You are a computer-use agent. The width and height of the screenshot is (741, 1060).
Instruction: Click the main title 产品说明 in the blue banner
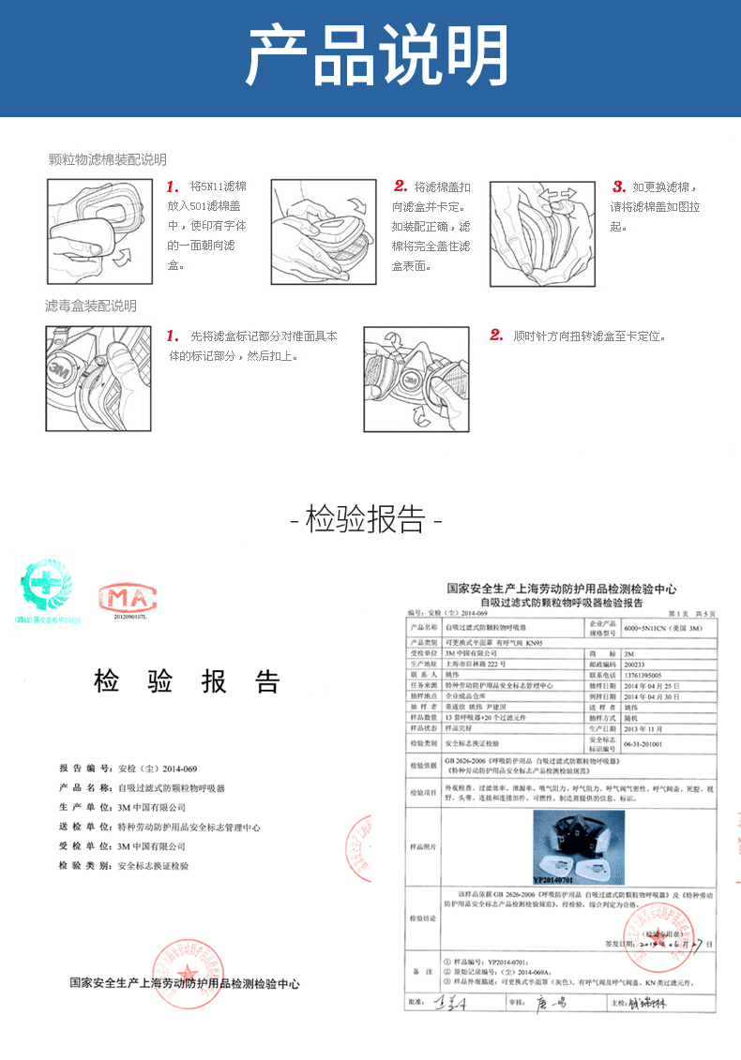coord(370,58)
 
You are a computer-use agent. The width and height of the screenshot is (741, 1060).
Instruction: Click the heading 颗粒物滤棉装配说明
coord(107,159)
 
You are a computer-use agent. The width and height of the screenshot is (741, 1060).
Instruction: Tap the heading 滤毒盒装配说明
coord(91,306)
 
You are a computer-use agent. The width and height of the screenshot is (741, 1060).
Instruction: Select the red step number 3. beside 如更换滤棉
coord(619,187)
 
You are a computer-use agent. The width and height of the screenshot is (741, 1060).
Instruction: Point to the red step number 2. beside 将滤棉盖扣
coord(401,187)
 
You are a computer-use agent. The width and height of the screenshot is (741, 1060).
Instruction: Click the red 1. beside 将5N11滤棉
coord(173,187)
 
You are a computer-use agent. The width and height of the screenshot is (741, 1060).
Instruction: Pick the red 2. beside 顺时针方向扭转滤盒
coord(496,336)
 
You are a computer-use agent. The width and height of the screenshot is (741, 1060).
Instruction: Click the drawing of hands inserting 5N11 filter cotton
coord(99,231)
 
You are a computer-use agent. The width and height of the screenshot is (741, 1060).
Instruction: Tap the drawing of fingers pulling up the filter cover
coord(544,231)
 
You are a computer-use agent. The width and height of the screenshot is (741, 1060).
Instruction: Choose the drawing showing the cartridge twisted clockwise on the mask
coord(416,380)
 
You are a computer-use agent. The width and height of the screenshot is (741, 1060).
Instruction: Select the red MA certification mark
coord(129,598)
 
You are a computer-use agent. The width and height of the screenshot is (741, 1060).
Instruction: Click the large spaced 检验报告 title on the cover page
coord(187,681)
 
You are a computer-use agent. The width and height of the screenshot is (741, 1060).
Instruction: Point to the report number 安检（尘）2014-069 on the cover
coord(157,768)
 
